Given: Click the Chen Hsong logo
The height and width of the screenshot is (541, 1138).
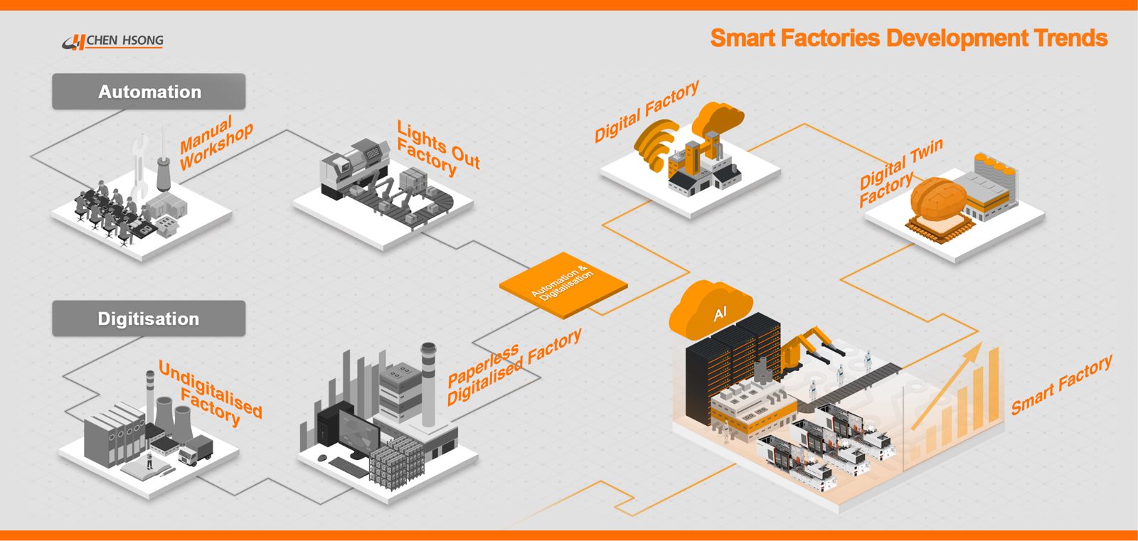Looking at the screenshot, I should pyautogui.click(x=114, y=41).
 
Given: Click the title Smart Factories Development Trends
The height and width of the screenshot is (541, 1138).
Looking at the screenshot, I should pyautogui.click(x=908, y=38).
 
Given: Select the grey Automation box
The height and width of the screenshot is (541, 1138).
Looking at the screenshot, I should pyautogui.click(x=149, y=92).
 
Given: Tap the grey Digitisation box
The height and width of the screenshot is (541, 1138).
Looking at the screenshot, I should pyautogui.click(x=149, y=318).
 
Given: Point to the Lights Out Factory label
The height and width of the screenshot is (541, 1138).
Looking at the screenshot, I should pyautogui.click(x=437, y=149).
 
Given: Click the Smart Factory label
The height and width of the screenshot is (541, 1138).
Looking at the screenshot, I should pyautogui.click(x=1061, y=385).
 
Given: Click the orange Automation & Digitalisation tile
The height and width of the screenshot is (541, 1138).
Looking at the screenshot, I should pyautogui.click(x=563, y=284).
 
